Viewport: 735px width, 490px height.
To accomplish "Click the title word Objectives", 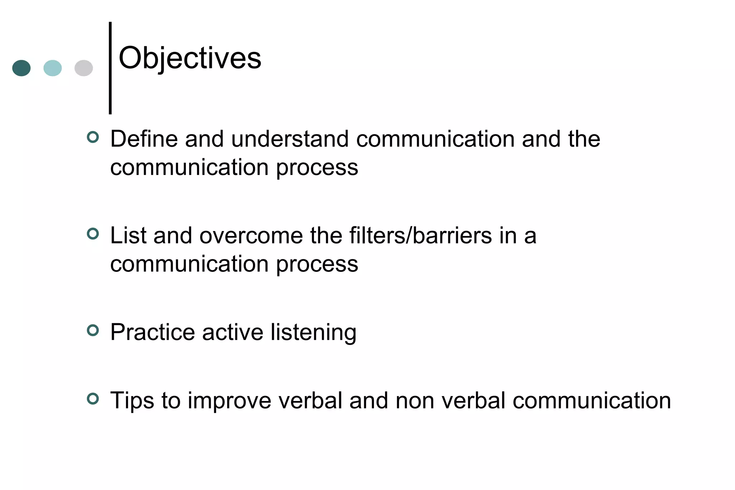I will (x=190, y=58).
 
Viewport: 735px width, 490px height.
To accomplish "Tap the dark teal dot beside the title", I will (x=22, y=68).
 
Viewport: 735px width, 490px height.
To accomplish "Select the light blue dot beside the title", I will (x=52, y=68).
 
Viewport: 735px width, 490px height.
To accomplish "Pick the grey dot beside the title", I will (x=84, y=68).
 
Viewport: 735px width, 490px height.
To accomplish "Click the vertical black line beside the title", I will (x=110, y=68).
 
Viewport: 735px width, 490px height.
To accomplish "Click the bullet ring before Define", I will (x=93, y=137).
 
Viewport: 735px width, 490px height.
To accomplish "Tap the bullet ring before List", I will (x=93, y=234).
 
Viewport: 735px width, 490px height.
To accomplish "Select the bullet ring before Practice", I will (x=93, y=330).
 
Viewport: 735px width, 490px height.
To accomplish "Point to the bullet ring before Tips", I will (x=93, y=399).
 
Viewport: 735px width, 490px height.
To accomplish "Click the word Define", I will (x=144, y=139).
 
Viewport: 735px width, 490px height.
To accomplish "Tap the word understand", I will (x=290, y=139).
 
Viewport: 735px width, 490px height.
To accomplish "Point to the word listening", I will (x=313, y=333).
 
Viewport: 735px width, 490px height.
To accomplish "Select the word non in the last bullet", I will (x=415, y=401).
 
